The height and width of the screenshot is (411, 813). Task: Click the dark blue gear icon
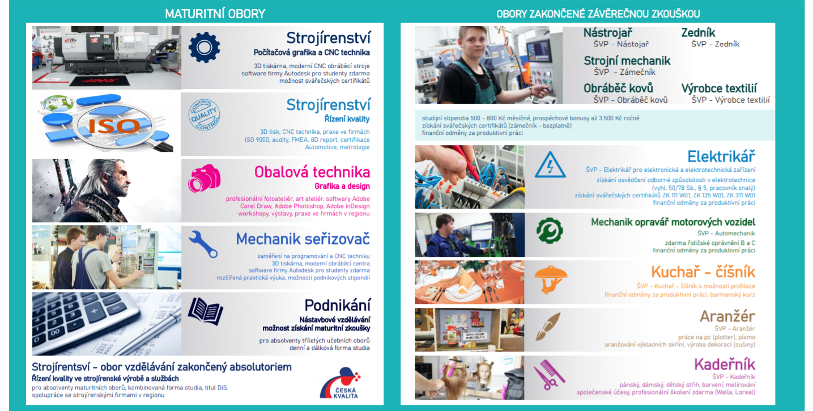click(205, 47)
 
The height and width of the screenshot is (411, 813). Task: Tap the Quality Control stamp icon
click(205, 115)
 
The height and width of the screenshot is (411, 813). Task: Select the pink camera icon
click(204, 178)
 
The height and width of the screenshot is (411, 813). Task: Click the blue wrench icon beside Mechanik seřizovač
click(203, 244)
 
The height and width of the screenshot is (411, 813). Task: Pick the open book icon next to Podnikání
click(206, 311)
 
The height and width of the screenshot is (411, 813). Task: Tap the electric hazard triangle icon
click(550, 165)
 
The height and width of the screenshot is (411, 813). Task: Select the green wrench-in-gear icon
click(550, 230)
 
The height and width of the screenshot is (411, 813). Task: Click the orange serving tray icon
click(551, 279)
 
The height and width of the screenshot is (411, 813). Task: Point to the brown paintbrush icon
click(548, 327)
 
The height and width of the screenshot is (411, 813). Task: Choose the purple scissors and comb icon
click(549, 375)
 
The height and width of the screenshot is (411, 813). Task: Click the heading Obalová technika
click(312, 172)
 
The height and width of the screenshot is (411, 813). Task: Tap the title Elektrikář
click(721, 156)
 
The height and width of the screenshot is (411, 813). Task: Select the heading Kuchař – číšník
click(703, 272)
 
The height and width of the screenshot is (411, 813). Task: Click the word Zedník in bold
click(698, 33)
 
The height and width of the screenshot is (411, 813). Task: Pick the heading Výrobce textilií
click(719, 88)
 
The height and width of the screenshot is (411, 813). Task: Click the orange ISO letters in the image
click(114, 126)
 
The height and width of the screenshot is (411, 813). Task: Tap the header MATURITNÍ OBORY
click(215, 14)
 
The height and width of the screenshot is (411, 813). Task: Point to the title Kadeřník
click(725, 364)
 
